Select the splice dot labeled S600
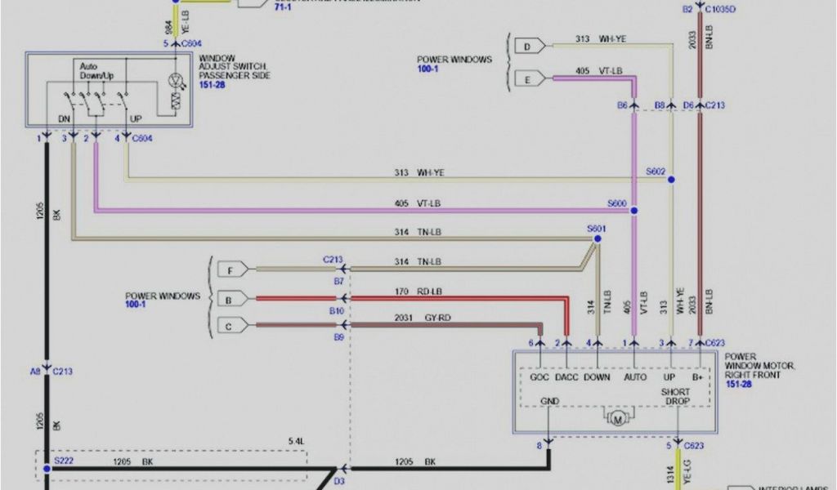coord(633,210)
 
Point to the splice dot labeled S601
coord(598,238)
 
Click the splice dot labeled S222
coord(47,470)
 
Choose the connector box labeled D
coord(528,47)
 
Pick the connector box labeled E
coord(528,78)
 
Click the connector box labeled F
coord(231,269)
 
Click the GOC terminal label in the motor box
coord(540,376)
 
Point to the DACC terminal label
coord(567,376)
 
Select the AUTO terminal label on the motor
coord(634,376)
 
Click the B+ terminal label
coord(699,376)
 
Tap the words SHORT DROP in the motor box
coord(676,396)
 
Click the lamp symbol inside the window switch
coord(174,80)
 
